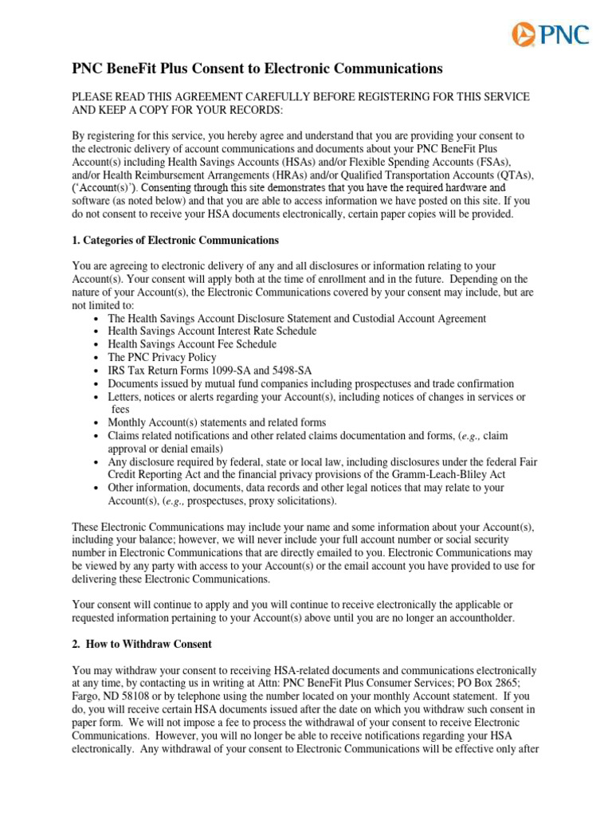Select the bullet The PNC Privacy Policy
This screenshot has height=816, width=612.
(162, 358)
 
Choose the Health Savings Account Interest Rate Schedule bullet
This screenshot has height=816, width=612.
(212, 331)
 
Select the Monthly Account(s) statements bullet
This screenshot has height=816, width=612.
(217, 422)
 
